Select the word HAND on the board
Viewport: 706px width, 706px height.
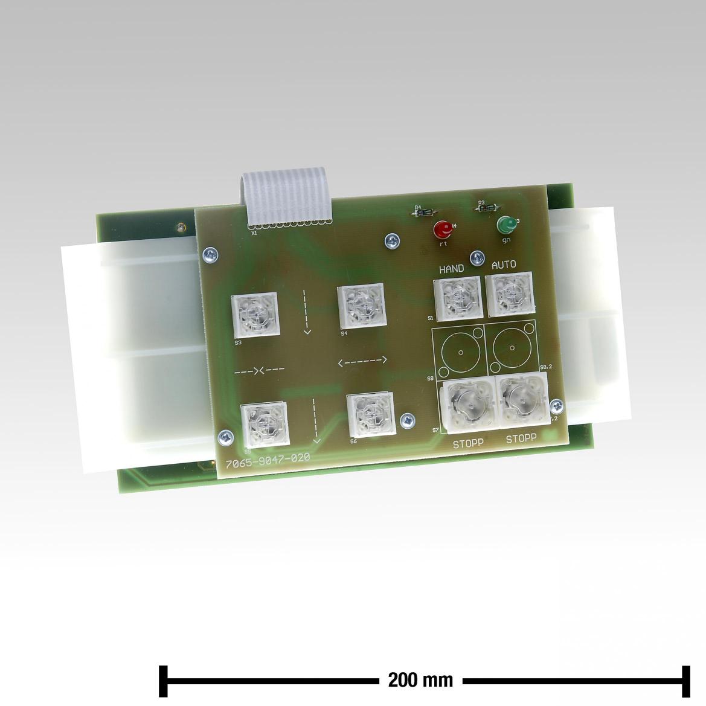point(451,269)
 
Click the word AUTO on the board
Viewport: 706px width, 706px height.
point(504,265)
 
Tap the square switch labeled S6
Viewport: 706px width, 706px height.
point(371,414)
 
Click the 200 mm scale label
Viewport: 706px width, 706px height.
point(420,680)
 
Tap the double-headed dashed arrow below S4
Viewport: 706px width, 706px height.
point(362,362)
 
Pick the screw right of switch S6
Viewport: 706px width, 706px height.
point(409,419)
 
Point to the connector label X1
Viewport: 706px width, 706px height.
point(254,232)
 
